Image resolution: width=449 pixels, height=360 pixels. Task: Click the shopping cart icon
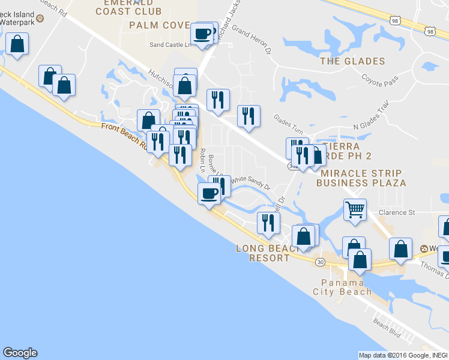click(355, 210)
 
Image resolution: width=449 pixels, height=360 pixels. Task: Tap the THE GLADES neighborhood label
click(352, 61)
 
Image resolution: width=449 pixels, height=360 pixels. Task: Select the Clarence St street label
click(397, 212)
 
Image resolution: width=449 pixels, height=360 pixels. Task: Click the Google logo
click(20, 353)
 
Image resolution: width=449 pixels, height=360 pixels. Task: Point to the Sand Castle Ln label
click(170, 44)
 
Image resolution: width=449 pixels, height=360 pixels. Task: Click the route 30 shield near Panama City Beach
click(321, 262)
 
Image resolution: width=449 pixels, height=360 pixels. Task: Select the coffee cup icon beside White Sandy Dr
click(209, 194)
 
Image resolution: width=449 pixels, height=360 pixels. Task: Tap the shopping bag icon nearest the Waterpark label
click(17, 44)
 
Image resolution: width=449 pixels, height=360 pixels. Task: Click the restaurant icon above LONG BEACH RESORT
click(268, 223)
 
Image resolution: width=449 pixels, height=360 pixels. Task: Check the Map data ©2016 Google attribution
click(403, 355)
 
